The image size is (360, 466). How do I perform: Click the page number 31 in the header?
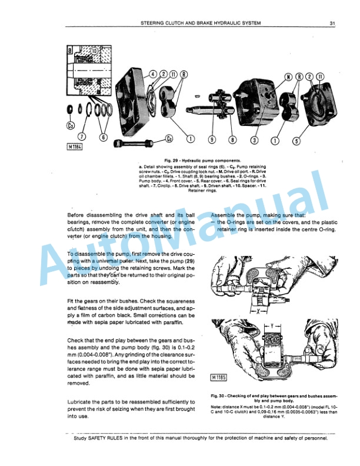(x=332, y=24)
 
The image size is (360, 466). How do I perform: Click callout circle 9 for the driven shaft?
(x=211, y=139)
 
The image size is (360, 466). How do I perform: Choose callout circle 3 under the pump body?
(x=254, y=139)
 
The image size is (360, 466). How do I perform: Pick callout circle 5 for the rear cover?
(x=296, y=139)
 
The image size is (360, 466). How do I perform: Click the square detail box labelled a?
(x=70, y=51)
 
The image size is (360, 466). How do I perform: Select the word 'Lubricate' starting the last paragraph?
(x=81, y=401)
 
